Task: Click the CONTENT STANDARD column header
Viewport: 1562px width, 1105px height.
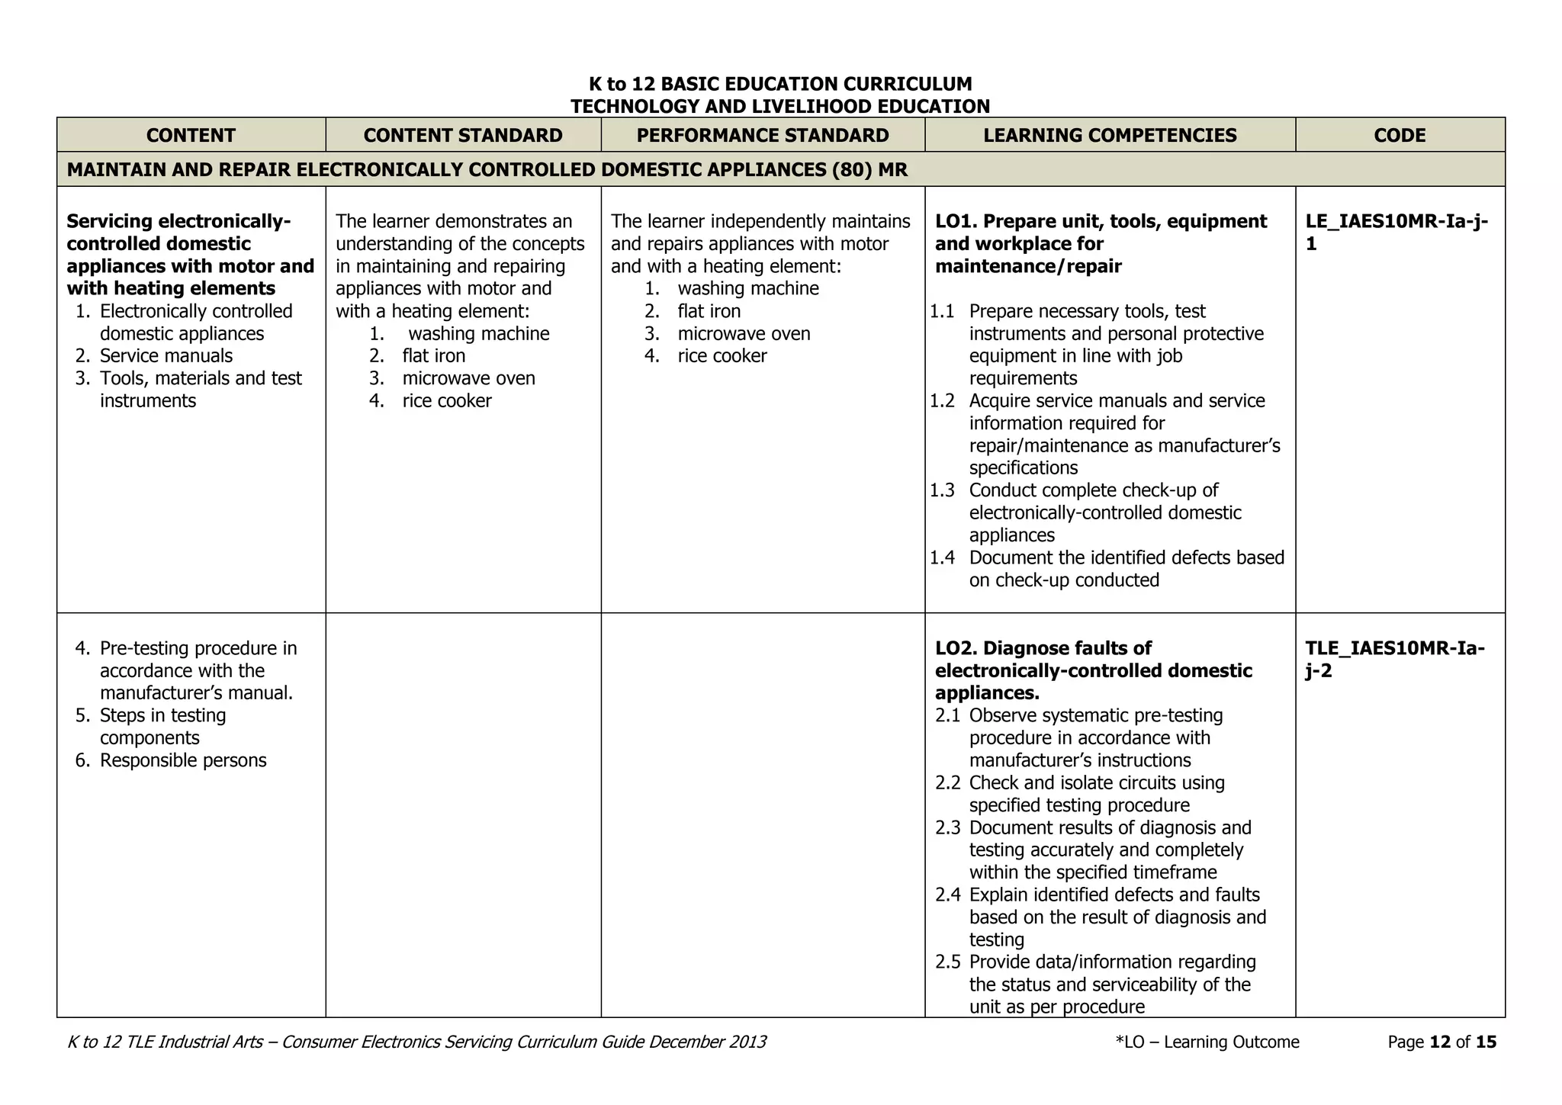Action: [x=462, y=135]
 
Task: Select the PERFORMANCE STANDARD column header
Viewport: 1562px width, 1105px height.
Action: [x=762, y=135]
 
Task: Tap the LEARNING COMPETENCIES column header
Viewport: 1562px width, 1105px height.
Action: [x=1110, y=135]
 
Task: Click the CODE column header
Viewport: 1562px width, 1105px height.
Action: [x=1400, y=135]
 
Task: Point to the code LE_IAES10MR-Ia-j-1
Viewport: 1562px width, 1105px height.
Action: [x=1396, y=232]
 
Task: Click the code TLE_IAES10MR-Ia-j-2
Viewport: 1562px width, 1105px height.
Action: [x=1394, y=659]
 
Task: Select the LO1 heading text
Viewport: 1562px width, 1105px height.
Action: [x=1101, y=243]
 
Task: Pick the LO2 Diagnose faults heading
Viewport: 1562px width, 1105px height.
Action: [x=1093, y=670]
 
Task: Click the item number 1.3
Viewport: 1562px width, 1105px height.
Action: [x=942, y=490]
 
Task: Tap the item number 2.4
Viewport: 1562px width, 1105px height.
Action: [x=947, y=895]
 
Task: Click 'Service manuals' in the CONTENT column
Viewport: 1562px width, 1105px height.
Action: [x=166, y=356]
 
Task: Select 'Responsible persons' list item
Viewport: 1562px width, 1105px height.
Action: [x=183, y=760]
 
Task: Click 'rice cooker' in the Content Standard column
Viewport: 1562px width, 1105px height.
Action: [x=447, y=401]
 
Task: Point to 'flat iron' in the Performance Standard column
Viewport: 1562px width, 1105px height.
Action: [x=709, y=311]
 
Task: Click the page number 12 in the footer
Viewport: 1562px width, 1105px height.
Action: [x=1439, y=1042]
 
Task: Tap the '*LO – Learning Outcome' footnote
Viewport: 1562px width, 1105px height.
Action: [x=1207, y=1042]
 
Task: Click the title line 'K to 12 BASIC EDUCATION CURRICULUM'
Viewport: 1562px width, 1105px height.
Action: [x=779, y=84]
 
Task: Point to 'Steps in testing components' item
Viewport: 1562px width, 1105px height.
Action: [x=162, y=727]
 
